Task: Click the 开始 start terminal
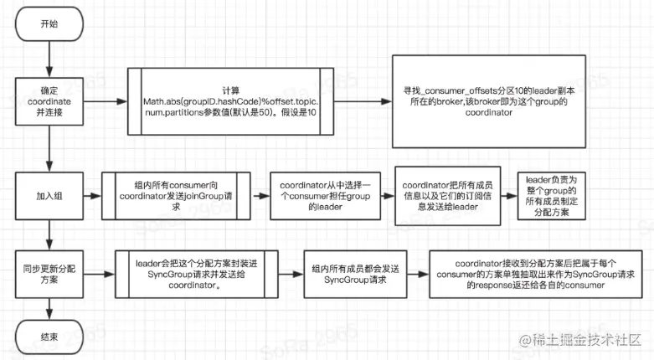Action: (x=49, y=24)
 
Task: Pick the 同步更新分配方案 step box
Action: (x=49, y=272)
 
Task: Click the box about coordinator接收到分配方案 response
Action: (x=531, y=272)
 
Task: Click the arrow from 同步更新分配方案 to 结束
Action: (x=49, y=306)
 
